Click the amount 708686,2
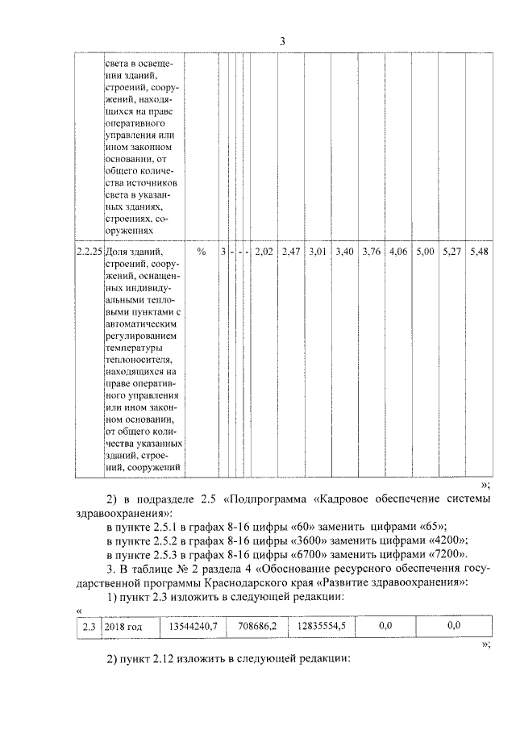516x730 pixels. point(250,625)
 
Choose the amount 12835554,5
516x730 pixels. point(320,625)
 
